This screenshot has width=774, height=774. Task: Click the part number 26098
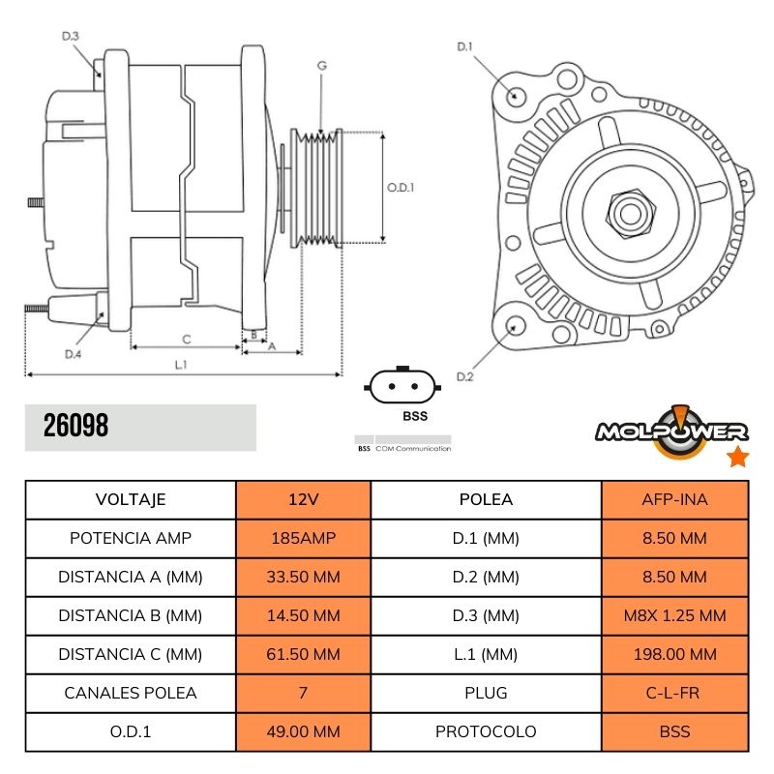point(76,427)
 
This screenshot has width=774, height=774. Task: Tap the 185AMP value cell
point(303,538)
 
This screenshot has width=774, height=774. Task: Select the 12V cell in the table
point(303,499)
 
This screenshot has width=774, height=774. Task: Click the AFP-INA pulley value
point(674,499)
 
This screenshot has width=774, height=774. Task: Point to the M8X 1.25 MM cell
point(674,615)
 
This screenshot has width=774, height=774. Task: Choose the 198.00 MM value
point(674,654)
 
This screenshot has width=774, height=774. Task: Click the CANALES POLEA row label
point(131,693)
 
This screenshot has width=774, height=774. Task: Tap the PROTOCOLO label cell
point(486,731)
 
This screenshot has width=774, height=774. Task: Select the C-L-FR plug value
point(674,693)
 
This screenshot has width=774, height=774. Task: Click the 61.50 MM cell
point(303,654)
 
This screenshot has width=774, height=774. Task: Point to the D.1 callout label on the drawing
point(463,46)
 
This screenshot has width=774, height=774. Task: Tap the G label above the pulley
point(321,65)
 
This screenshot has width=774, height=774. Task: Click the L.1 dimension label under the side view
point(181,364)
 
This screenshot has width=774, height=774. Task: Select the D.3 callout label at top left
point(71,36)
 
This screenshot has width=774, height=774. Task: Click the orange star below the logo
point(737,457)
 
